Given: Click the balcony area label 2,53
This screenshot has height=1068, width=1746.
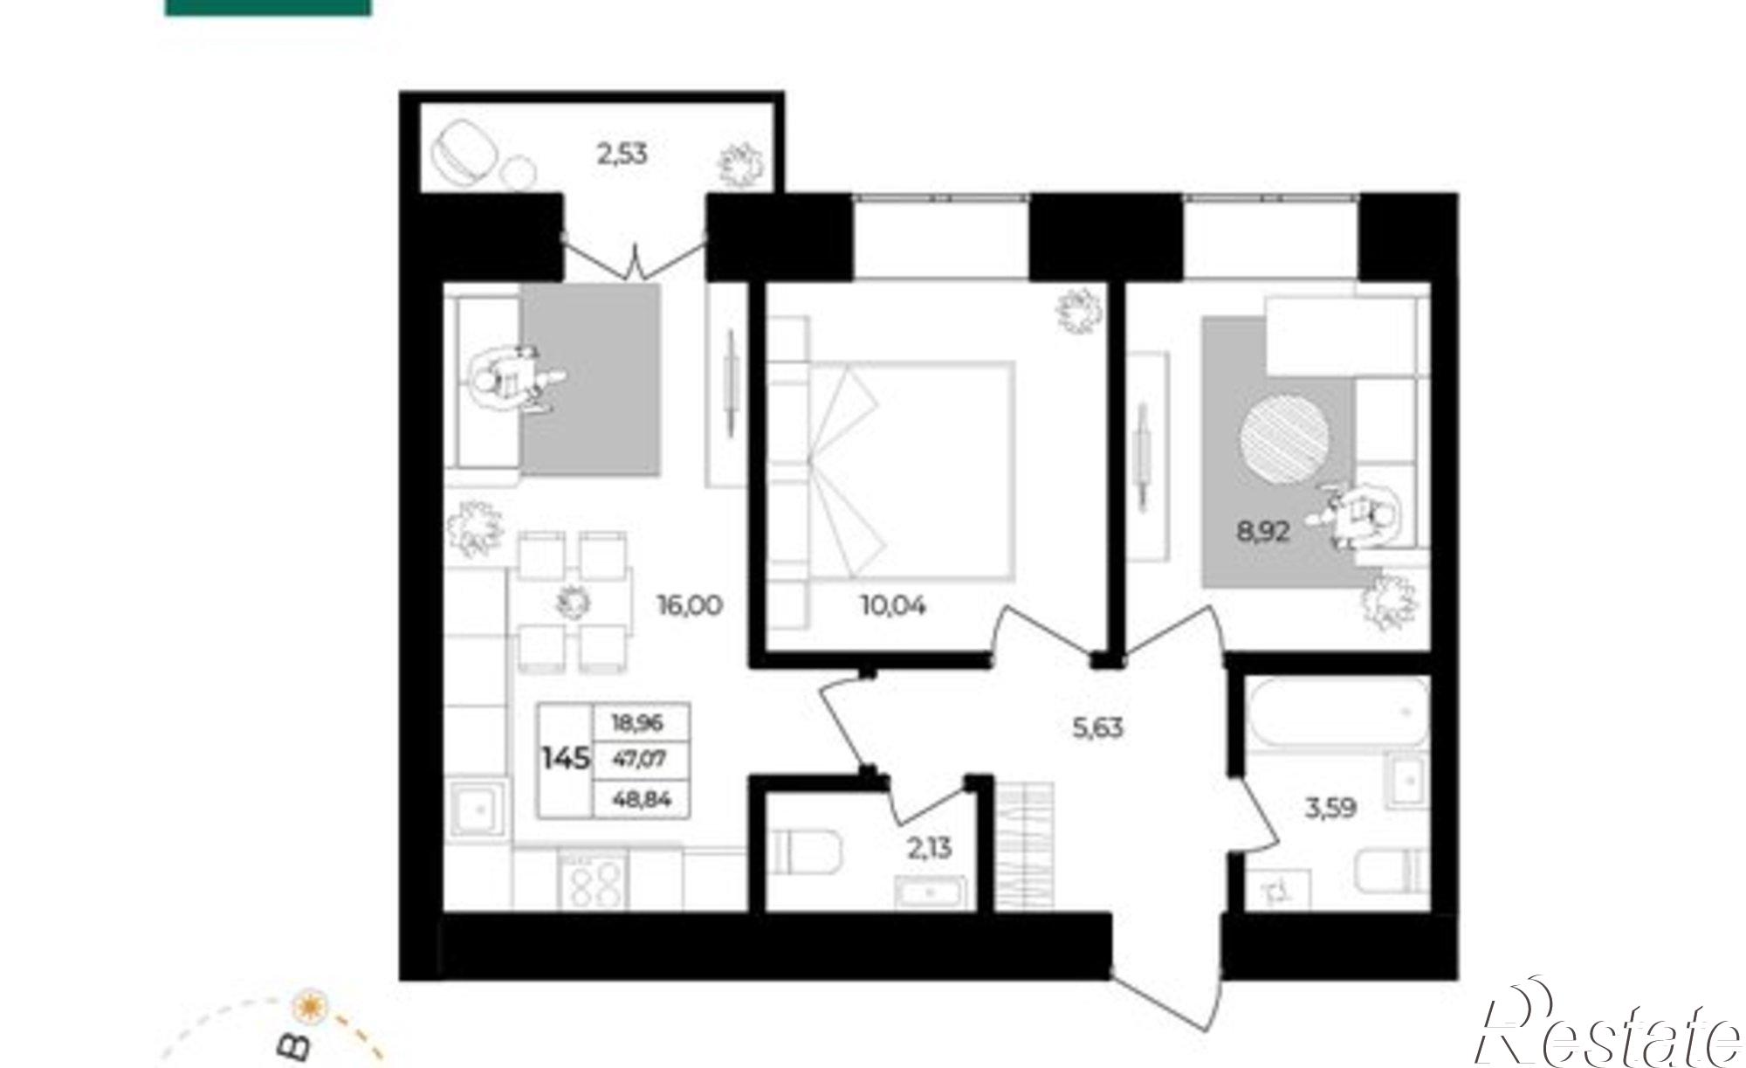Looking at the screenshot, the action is (622, 155).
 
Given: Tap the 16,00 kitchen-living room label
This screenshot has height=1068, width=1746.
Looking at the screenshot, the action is (690, 605).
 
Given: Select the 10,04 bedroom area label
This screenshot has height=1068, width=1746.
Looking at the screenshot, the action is (893, 604).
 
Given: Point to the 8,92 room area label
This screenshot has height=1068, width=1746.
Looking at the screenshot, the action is (1263, 531).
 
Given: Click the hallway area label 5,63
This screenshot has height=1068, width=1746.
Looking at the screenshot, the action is (1098, 727).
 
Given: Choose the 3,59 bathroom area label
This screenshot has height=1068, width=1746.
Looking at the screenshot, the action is (1330, 809).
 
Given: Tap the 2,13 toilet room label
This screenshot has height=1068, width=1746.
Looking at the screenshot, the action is (930, 847).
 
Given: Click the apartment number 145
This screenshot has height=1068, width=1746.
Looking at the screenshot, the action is (566, 759).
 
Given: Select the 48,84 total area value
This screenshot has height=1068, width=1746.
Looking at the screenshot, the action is (642, 799).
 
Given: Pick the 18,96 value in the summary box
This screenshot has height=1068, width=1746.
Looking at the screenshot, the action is (638, 723).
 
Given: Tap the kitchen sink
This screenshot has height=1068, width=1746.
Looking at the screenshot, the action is (477, 810).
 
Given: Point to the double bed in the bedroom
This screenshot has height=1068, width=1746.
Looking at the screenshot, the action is (911, 472).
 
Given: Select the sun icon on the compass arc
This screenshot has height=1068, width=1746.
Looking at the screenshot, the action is (307, 1005).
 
